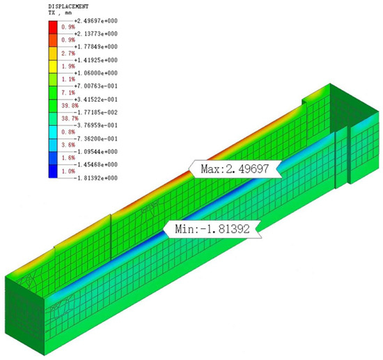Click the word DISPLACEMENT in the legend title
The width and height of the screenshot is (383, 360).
pos(68,6)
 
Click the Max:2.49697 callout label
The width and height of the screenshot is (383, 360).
pos(235,169)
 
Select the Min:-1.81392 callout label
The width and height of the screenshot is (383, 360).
pos(212,229)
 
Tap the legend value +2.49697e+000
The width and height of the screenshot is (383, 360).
pos(96,21)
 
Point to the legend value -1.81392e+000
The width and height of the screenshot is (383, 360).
pos(96,178)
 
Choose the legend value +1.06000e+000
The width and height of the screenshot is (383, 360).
pos(96,73)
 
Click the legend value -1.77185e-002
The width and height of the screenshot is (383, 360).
pos(96,112)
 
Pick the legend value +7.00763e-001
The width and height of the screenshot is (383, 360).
pos(96,86)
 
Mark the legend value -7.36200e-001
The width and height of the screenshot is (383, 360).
pos(96,139)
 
